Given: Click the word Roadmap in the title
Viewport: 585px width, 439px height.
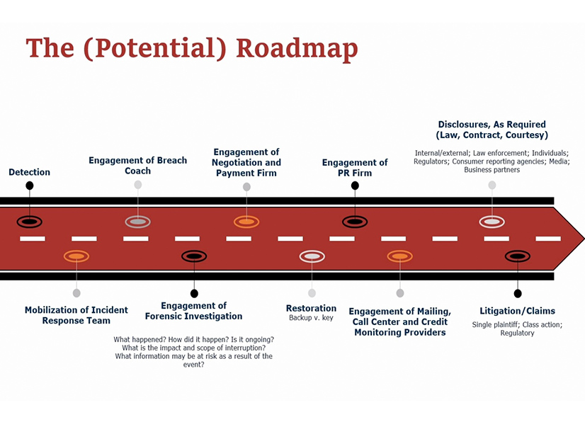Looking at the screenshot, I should click(297, 47).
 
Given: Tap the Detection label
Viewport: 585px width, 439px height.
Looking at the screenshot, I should click(29, 172).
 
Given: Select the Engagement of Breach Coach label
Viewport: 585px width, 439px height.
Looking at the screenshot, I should click(138, 166).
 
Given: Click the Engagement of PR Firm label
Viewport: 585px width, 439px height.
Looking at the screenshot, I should click(355, 168).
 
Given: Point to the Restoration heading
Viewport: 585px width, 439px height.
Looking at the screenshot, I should click(311, 308).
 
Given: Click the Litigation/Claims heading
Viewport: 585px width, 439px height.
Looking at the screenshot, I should click(517, 311).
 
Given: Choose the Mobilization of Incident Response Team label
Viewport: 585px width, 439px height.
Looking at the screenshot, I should click(76, 315).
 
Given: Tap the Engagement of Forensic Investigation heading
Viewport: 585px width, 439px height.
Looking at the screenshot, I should click(193, 311).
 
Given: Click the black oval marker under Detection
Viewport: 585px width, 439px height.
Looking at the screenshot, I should click(29, 222).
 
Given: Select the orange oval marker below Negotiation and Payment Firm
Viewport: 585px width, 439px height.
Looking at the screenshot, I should click(246, 222).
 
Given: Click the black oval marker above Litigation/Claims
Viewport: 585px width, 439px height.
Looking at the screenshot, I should click(517, 256).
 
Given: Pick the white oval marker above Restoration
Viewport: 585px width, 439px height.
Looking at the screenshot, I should click(312, 256).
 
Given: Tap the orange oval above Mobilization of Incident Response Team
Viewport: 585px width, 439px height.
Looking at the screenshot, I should click(76, 256).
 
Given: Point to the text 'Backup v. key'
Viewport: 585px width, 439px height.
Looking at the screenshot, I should click(311, 318).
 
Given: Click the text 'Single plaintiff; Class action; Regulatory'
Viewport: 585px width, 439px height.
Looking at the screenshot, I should click(517, 329).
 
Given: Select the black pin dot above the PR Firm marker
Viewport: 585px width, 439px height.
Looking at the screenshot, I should click(355, 186).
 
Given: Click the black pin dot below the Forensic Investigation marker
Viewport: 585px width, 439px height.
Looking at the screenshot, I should click(194, 293).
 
